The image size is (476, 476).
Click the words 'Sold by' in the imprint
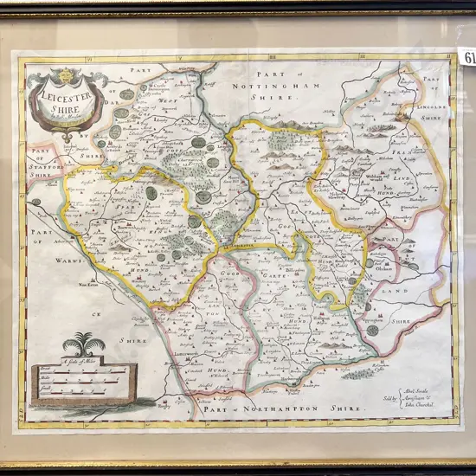393,398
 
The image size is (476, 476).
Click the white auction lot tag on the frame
469,58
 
